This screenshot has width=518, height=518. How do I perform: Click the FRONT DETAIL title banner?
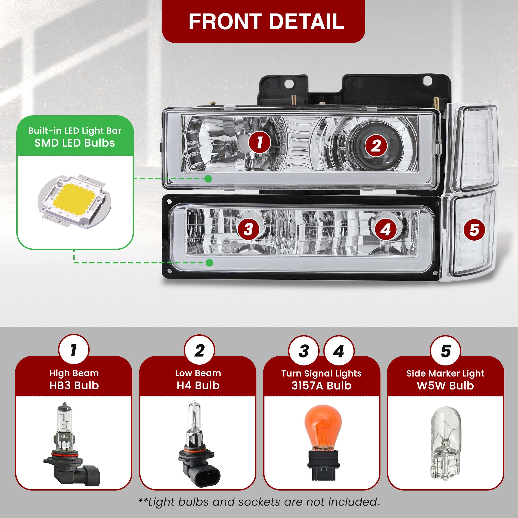[x=263, y=21]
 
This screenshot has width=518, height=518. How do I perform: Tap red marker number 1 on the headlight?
[x=259, y=142]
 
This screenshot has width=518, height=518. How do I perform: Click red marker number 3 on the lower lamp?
[x=249, y=229]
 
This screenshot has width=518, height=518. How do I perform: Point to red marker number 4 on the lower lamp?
[x=386, y=229]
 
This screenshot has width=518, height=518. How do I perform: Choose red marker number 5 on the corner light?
[x=474, y=230]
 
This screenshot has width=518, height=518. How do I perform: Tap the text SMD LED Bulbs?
[x=75, y=143]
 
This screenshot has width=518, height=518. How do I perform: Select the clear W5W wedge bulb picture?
[x=445, y=443]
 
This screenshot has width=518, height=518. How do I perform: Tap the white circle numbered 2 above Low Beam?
[x=199, y=350]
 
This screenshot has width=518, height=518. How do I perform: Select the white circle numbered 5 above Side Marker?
[x=445, y=351]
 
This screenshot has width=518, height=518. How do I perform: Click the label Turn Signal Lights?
[x=321, y=373]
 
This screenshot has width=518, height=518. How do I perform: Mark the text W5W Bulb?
[x=445, y=386]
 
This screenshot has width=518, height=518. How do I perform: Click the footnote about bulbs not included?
[x=259, y=502]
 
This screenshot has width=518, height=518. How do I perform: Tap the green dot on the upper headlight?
[x=208, y=178]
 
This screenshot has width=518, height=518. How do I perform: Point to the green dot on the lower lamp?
[x=210, y=263]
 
